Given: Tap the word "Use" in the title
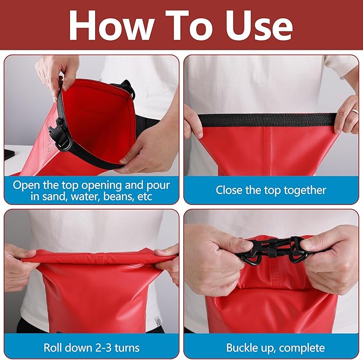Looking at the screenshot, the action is click(259, 26).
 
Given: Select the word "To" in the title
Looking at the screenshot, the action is click(189, 26).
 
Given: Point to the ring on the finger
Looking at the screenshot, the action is click(354, 112).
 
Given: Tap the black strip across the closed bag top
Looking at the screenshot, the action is click(268, 120).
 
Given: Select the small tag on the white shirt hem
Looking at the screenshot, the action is click(158, 321).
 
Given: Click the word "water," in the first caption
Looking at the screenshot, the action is click(84, 196).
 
